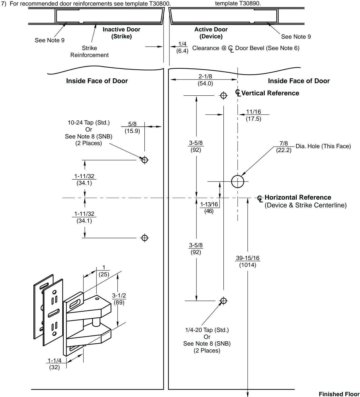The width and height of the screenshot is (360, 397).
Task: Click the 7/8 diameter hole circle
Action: (238, 182)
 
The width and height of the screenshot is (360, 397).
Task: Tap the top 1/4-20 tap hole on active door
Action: (223, 96)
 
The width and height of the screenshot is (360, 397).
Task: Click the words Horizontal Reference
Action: (298, 197)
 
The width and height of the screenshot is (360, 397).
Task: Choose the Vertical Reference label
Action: (270, 93)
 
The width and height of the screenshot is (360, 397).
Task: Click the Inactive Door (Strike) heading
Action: (122, 33)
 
